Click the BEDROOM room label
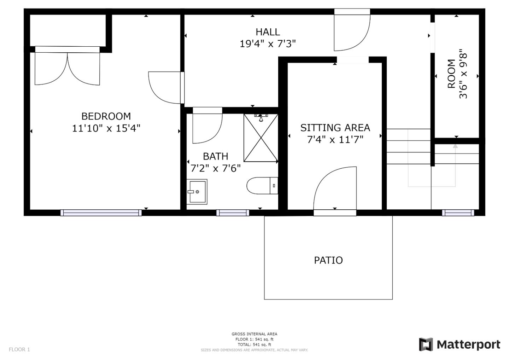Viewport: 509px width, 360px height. pyautogui.click(x=106, y=116)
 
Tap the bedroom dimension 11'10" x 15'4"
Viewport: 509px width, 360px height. pyautogui.click(x=106, y=128)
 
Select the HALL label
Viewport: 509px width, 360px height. pyautogui.click(x=268, y=32)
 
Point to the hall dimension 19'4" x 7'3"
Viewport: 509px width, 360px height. pyautogui.click(x=268, y=44)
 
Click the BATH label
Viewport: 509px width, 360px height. pyautogui.click(x=215, y=156)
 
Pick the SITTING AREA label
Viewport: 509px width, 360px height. pyautogui.click(x=335, y=127)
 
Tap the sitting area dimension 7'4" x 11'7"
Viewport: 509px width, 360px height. pyautogui.click(x=335, y=139)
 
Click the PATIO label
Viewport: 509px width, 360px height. pyautogui.click(x=328, y=260)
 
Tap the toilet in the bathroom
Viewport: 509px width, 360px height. pyautogui.click(x=262, y=186)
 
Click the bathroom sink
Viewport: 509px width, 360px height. pyautogui.click(x=197, y=192)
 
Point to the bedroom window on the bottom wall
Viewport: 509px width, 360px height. pyautogui.click(x=101, y=213)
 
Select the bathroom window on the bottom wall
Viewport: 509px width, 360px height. pyautogui.click(x=233, y=213)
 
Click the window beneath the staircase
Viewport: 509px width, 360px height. pyautogui.click(x=458, y=213)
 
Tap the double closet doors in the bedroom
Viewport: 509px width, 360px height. pyautogui.click(x=67, y=69)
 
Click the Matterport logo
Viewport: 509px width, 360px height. pyautogui.click(x=460, y=344)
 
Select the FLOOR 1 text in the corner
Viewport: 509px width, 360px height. pyautogui.click(x=19, y=349)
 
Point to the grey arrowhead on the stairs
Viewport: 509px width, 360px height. pyautogui.click(x=455, y=145)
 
